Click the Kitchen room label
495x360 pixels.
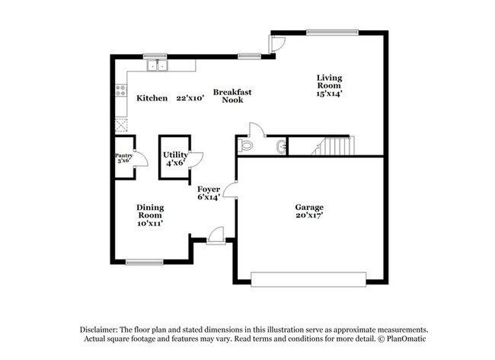point(152,98)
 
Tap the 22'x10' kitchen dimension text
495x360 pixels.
point(191,98)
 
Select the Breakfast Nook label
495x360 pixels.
point(232,95)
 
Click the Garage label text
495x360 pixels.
point(309,207)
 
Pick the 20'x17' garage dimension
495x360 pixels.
point(309,216)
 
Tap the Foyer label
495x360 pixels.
point(209,189)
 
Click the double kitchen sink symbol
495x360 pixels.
point(158,66)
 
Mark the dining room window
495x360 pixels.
point(145,263)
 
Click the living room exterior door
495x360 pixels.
point(277,45)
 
